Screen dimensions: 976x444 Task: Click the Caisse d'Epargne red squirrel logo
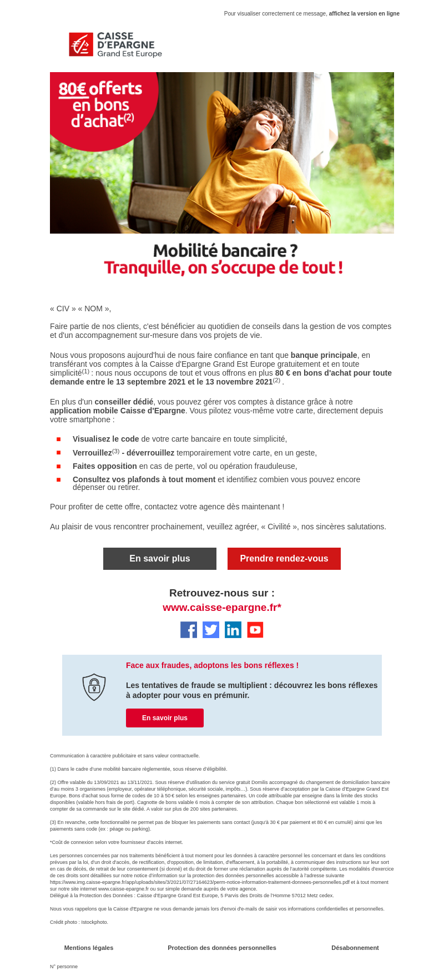81,44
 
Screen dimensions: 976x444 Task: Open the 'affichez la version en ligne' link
364,14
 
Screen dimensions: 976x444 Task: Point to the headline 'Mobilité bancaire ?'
225,251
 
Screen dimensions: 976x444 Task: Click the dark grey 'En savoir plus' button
160,559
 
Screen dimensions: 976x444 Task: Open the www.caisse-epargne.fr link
222,608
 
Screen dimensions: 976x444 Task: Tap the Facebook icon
189,630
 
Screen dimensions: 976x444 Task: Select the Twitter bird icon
211,630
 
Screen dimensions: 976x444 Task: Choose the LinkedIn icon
233,630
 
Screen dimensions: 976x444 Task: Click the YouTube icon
255,630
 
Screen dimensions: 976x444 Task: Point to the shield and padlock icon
94,687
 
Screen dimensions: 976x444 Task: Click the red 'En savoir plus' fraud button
165,718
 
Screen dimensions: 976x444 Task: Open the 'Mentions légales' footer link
89,948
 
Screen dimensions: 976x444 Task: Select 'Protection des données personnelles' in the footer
222,948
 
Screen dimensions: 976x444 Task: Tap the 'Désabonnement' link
355,948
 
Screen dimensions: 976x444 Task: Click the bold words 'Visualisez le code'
106,439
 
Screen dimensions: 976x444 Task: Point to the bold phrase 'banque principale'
324,355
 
